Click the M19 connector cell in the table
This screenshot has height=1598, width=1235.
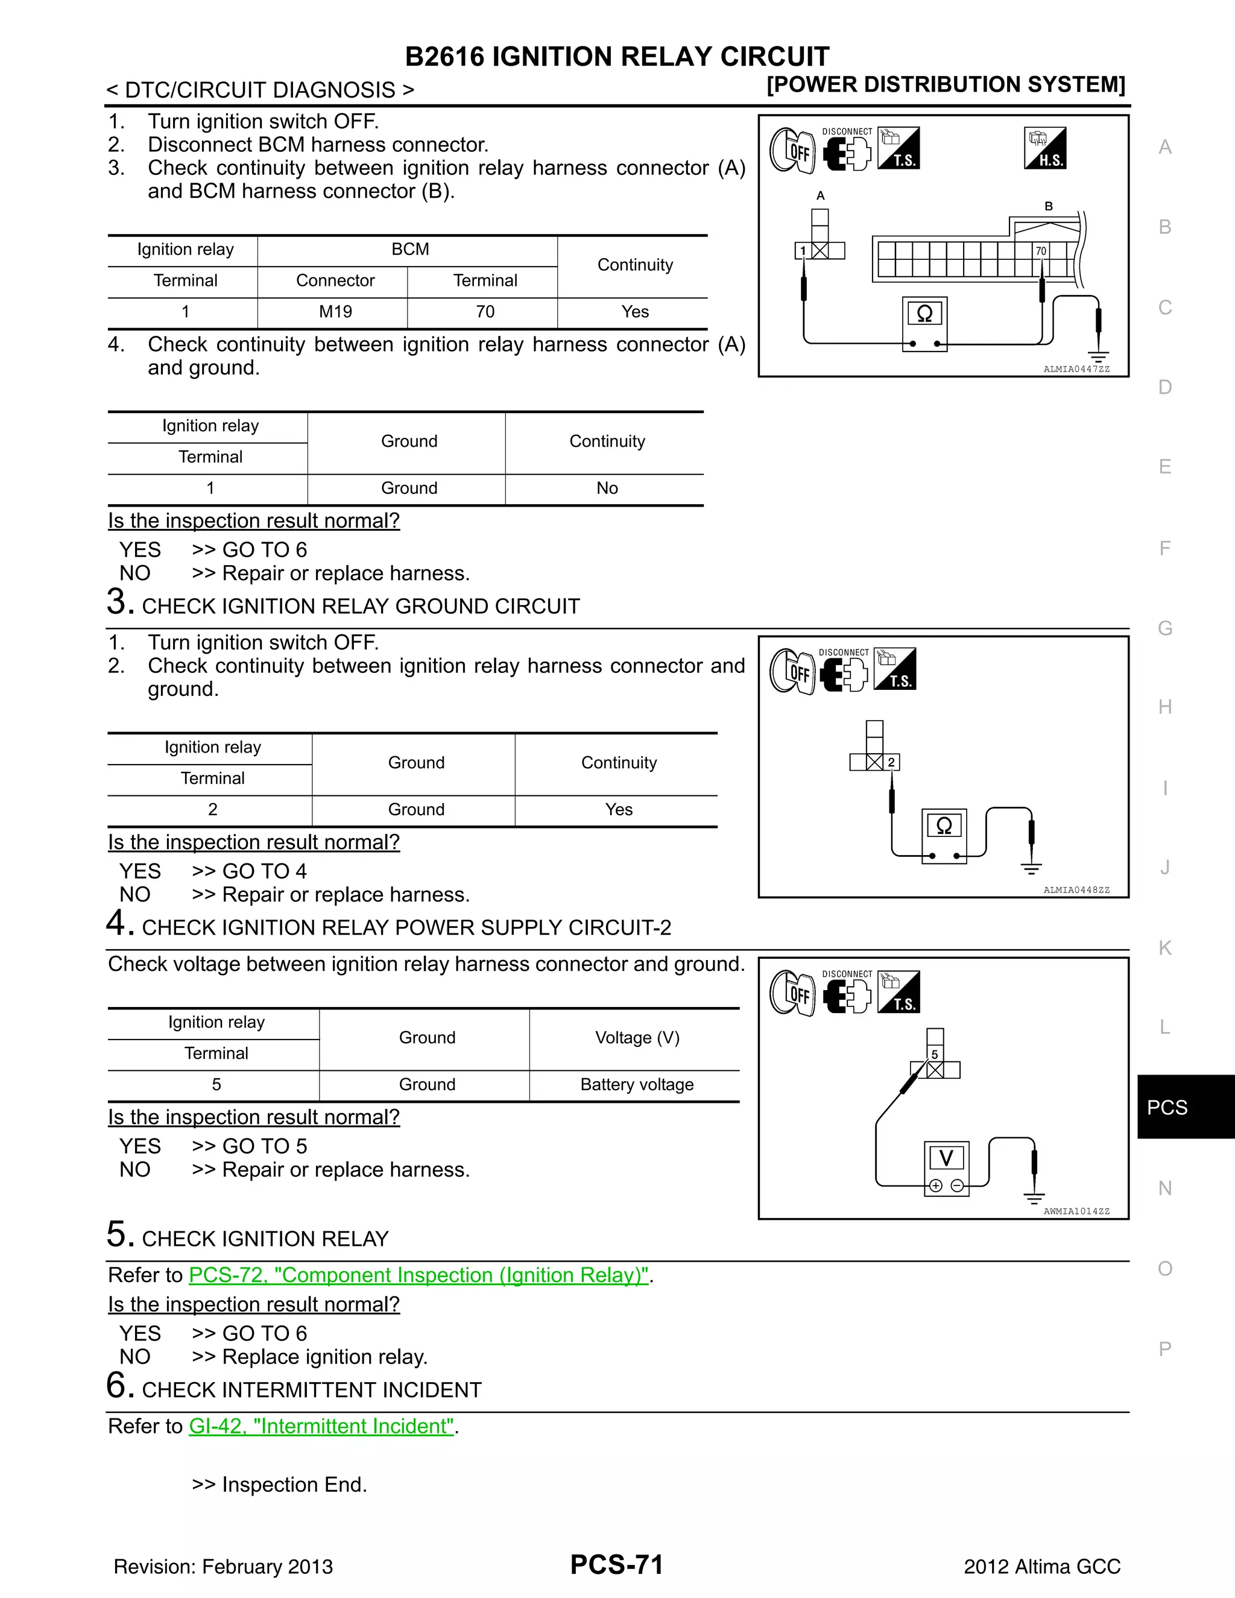coord(335,312)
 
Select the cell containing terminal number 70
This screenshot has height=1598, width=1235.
coord(485,312)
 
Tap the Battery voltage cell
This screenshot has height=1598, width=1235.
coord(637,1084)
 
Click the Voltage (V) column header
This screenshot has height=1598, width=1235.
coord(637,1038)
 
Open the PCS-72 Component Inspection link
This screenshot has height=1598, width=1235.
coord(419,1275)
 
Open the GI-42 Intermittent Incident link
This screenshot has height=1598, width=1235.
coord(322,1426)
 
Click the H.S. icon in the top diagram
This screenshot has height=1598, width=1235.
coord(1045,148)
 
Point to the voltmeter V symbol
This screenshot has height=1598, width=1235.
coord(947,1158)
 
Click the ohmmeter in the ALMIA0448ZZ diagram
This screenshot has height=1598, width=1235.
coord(944,827)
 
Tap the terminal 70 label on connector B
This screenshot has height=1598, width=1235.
coord(1040,251)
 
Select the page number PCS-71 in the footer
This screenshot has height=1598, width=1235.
coord(617,1564)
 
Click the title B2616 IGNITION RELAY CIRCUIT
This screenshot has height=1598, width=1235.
coord(617,56)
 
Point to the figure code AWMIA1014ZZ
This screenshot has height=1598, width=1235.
coord(1076,1211)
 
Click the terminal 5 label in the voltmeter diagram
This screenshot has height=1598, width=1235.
coord(934,1054)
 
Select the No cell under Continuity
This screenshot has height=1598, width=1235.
coord(607,488)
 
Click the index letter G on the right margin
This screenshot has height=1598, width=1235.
coord(1165,628)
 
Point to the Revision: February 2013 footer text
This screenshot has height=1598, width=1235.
coord(223,1567)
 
